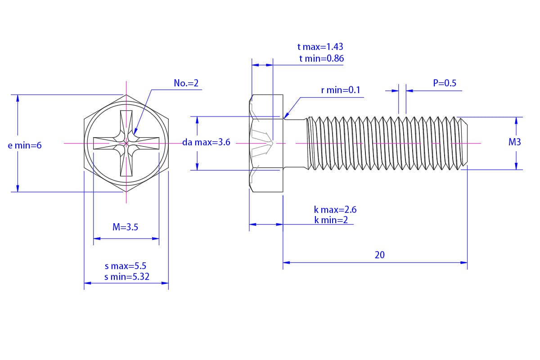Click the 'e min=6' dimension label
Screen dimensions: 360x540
(x=25, y=145)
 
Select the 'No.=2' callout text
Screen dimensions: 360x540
(x=186, y=83)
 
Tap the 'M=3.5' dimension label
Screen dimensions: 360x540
(x=125, y=227)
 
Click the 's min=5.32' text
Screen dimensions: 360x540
(x=127, y=277)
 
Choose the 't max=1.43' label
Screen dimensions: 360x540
(x=320, y=47)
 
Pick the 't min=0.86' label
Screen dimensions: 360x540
(x=322, y=58)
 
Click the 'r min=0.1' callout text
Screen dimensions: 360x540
(x=341, y=90)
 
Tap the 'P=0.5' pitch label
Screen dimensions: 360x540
(x=445, y=83)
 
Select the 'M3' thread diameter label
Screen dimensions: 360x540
(x=514, y=142)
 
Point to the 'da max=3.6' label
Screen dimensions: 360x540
(x=206, y=143)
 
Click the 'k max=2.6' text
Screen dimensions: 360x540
(x=335, y=210)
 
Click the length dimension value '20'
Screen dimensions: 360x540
(x=380, y=255)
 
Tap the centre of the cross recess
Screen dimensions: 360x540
(x=126, y=144)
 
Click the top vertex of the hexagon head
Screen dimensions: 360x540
(x=126, y=95)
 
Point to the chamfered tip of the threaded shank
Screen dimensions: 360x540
(x=464, y=144)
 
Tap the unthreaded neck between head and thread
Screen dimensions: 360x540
(x=295, y=144)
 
